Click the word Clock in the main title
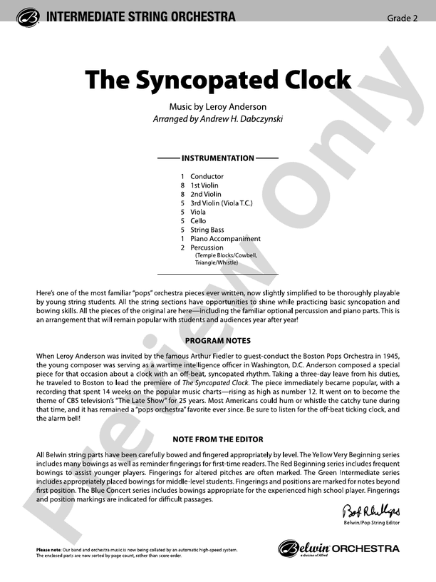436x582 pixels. click(311, 80)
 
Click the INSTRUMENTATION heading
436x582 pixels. click(218, 158)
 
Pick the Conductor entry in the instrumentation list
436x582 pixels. click(207, 176)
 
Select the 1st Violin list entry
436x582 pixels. click(205, 185)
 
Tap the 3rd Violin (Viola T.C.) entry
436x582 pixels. click(222, 203)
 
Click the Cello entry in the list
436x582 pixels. click(198, 221)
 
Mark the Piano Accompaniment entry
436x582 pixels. click(225, 239)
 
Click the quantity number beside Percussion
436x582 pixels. click(182, 248)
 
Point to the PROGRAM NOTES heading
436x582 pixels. click(218, 342)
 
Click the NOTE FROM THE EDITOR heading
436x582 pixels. click(218, 438)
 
